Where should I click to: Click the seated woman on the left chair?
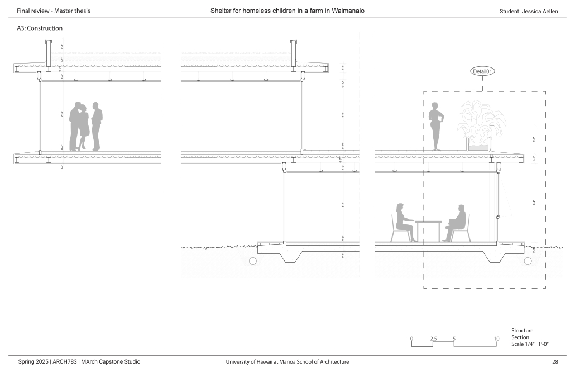pos(403,223)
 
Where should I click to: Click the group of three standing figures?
pos(86,127)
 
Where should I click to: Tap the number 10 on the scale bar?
pos(496,339)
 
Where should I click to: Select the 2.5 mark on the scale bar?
pos(433,339)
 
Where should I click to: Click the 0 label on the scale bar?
pos(411,339)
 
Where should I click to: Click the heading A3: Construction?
pos(40,28)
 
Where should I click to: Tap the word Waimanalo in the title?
pos(346,11)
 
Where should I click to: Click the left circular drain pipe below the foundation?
pos(253,260)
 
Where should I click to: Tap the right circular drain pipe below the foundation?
pos(528,260)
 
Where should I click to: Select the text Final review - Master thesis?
pos(54,11)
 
